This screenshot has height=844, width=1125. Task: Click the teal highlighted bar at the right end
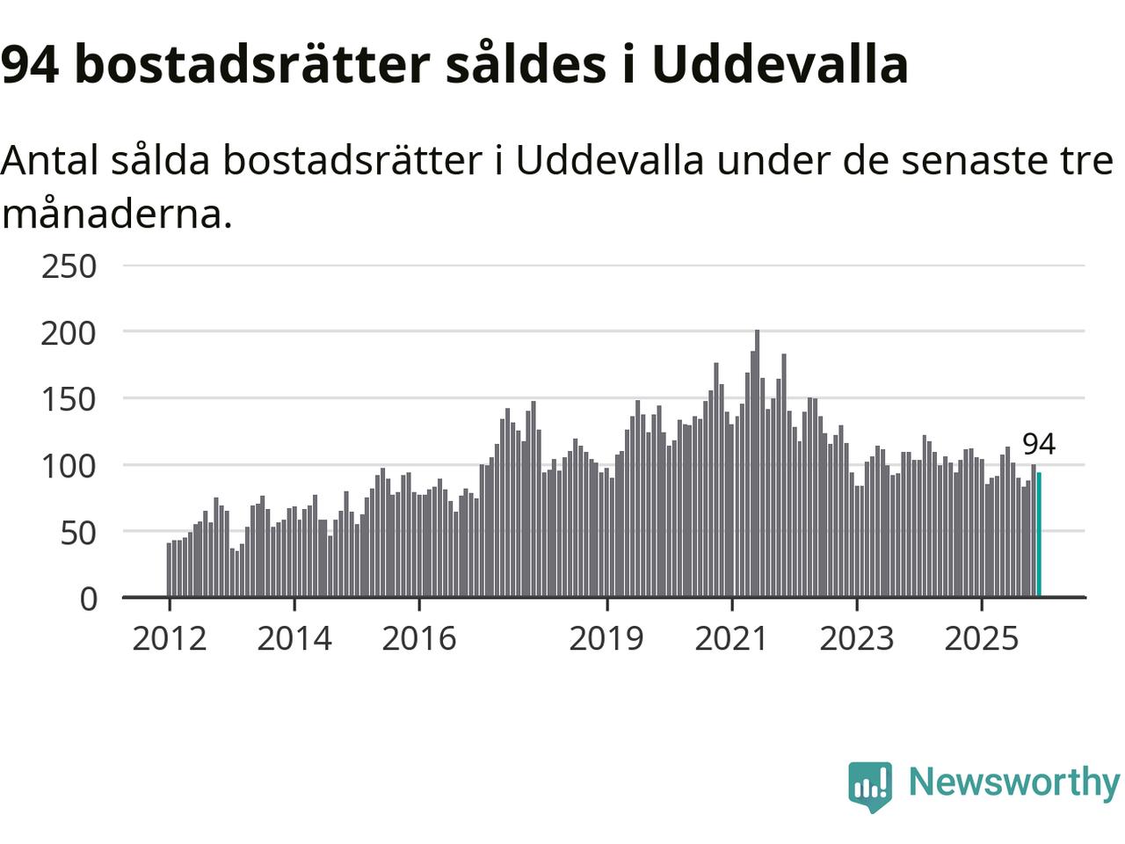(x=1039, y=535)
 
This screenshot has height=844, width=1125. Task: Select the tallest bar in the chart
(x=758, y=464)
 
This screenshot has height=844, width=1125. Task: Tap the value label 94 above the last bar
(x=1038, y=444)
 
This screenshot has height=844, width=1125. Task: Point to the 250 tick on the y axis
(x=69, y=266)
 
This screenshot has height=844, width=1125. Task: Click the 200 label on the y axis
(x=69, y=332)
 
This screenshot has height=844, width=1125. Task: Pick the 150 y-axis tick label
(x=69, y=399)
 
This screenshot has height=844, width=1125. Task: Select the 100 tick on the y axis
(x=69, y=465)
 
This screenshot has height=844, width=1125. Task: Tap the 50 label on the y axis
(x=78, y=532)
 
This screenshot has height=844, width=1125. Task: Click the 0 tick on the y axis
(x=88, y=599)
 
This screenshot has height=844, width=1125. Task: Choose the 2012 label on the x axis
(x=169, y=638)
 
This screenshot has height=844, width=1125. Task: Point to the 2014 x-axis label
(x=294, y=638)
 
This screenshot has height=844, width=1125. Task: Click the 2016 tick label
(x=418, y=638)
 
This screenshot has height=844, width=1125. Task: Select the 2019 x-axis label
(x=606, y=638)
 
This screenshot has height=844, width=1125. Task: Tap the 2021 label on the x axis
(x=731, y=638)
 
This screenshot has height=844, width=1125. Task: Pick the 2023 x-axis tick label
(x=856, y=638)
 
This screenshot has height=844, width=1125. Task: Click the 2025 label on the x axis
(x=981, y=638)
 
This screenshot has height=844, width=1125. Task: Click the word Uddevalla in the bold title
(x=780, y=63)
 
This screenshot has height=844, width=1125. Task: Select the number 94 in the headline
(x=30, y=63)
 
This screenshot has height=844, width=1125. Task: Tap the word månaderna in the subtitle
(x=117, y=214)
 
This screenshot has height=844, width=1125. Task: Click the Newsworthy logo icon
(x=870, y=785)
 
